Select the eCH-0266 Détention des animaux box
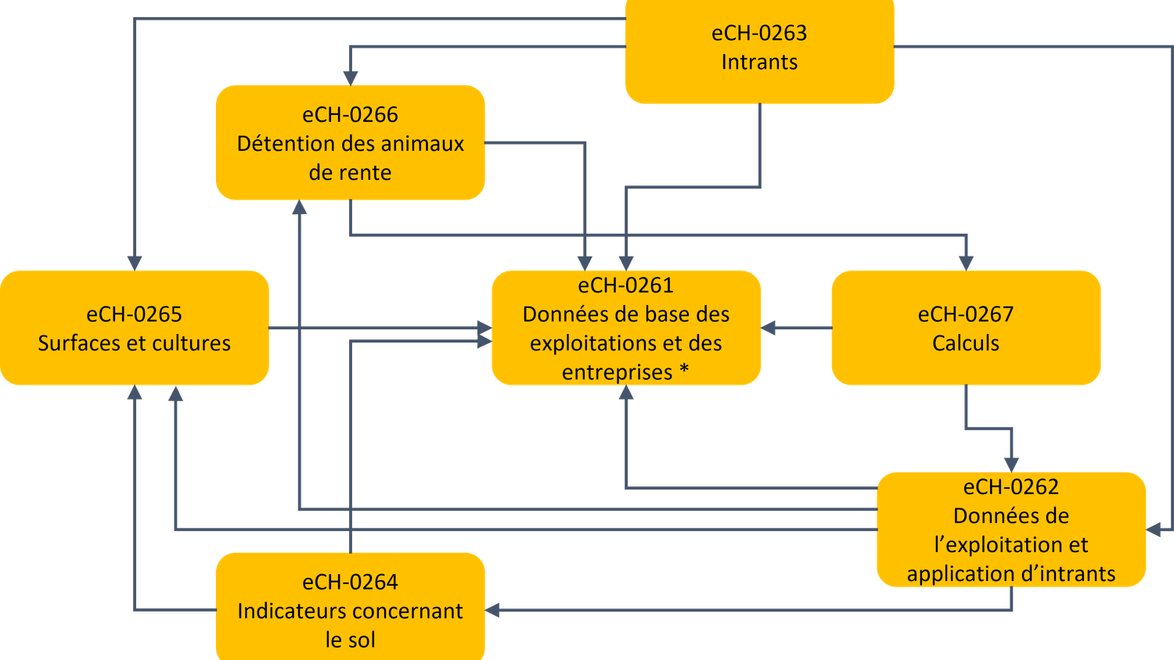pos(350,143)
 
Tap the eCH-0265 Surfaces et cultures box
pos(134,328)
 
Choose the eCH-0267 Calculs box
pos(965,328)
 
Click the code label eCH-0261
pos(625,285)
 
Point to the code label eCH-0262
pos(1010,487)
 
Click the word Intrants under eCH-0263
pos(759,63)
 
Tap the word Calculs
pos(965,343)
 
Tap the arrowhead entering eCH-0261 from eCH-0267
pos(769,328)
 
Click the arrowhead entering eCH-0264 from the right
pos(493,610)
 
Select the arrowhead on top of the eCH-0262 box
pos(1011,463)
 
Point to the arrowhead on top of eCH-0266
pos(350,77)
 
